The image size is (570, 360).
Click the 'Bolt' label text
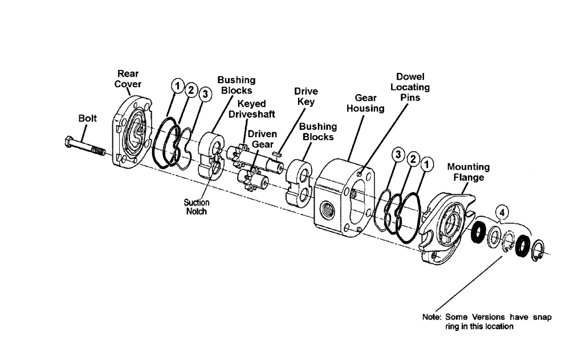click(88, 118)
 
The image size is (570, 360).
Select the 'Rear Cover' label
click(128, 79)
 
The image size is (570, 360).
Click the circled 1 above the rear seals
click(178, 87)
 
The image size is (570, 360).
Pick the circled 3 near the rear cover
click(205, 93)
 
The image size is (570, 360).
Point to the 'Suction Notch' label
click(196, 207)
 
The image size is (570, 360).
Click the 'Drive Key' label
click(306, 96)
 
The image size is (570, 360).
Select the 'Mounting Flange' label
click(468, 171)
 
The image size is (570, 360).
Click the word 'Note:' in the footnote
click(432, 317)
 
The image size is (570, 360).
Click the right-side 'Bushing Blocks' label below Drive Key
click(318, 132)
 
